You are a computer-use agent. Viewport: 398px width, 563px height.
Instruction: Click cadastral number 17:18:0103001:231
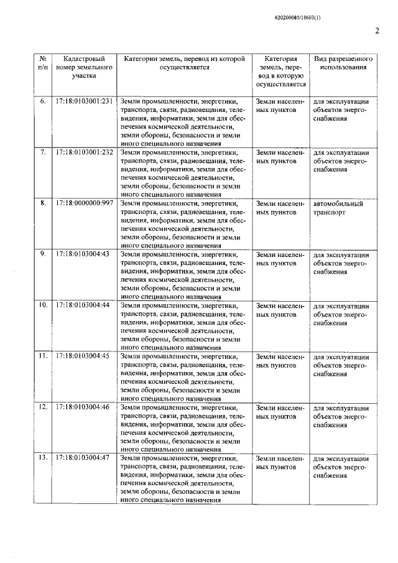tap(84, 101)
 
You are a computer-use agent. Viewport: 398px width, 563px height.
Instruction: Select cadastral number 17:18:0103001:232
tap(84, 152)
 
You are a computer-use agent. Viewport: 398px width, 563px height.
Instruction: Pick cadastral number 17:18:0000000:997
tap(84, 203)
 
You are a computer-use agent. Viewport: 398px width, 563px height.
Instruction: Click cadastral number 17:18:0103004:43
tap(82, 254)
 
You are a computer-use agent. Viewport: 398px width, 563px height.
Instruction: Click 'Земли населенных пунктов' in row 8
tap(280, 208)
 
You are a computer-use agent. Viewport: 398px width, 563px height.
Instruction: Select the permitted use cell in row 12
tap(341, 416)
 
